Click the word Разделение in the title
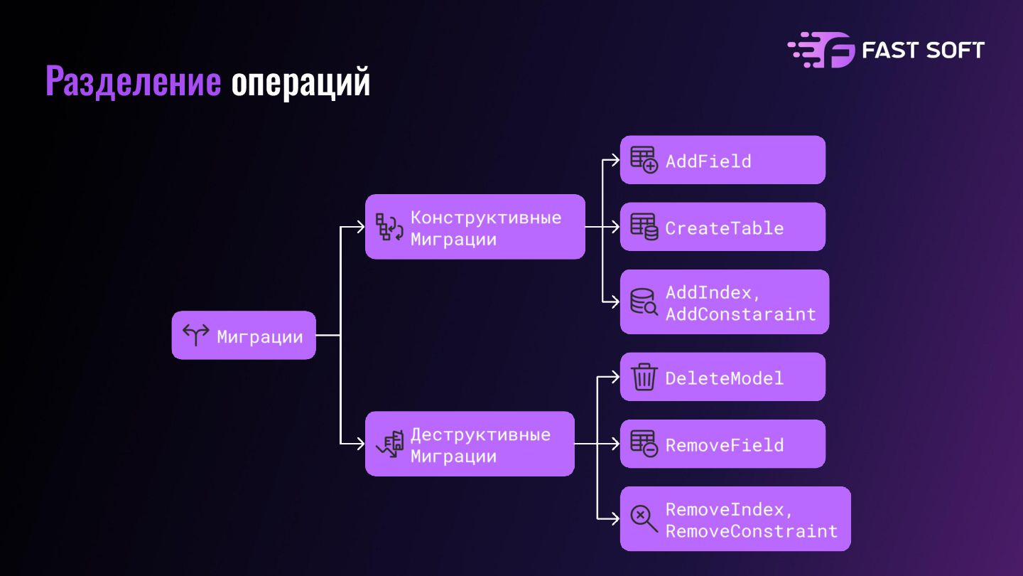(134, 82)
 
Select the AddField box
(722, 160)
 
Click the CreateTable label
(725, 228)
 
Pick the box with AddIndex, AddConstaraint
(725, 302)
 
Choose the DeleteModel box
(722, 377)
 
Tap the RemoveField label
(725, 445)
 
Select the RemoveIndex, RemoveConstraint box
(735, 519)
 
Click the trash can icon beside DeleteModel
(644, 377)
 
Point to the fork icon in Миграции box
(196, 335)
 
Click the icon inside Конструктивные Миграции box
(389, 227)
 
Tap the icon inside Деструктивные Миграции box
(389, 444)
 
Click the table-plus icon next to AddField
(644, 160)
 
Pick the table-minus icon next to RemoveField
(644, 444)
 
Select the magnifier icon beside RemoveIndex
(644, 518)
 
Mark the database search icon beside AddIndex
(644, 302)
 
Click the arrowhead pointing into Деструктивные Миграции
(361, 444)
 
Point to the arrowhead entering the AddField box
(616, 160)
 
